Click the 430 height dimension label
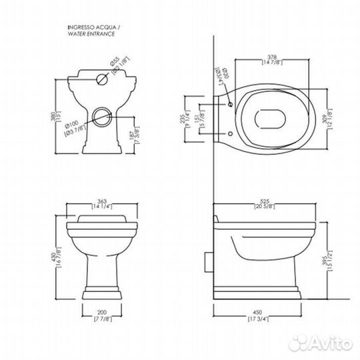point(57,255)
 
